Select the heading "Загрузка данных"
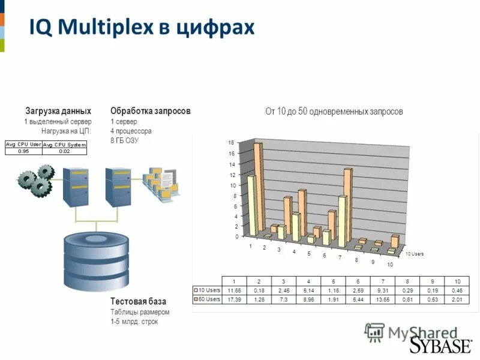tap(58, 111)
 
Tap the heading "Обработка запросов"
tap(151, 111)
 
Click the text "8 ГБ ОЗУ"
tap(124, 140)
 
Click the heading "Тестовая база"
tap(139, 301)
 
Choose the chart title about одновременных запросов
tap(334, 112)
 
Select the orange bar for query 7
tap(347, 204)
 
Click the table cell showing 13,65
tap(383, 299)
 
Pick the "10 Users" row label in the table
tap(207, 290)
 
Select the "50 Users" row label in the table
tap(207, 299)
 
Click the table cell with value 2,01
tap(457, 299)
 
